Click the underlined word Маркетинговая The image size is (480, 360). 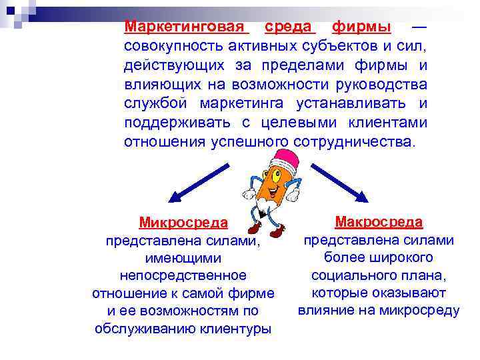(x=186, y=27)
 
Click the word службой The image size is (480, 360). (x=156, y=104)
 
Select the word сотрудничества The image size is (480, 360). (x=353, y=142)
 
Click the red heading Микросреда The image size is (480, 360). (x=183, y=222)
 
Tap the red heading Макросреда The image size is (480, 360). (x=378, y=221)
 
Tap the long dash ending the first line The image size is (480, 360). (x=419, y=27)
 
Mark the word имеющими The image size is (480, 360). (x=183, y=257)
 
